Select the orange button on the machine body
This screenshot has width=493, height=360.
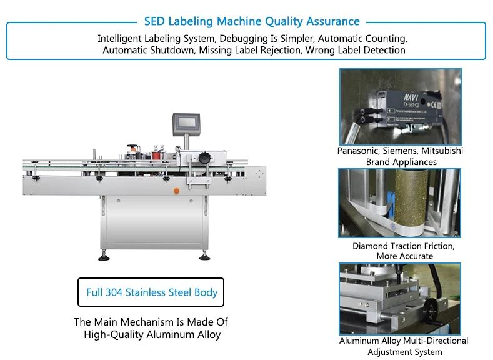176,190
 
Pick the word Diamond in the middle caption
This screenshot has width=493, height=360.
371,246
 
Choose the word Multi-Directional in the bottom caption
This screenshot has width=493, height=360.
437,341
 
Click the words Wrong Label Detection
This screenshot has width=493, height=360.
355,50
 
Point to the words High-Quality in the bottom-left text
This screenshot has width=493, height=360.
112,335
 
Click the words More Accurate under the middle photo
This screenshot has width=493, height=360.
404,256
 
